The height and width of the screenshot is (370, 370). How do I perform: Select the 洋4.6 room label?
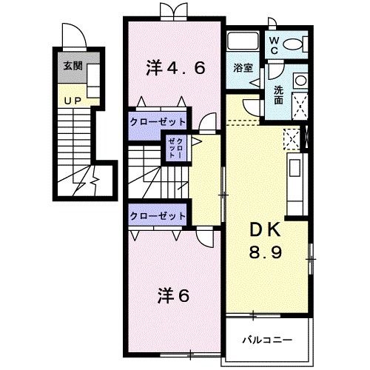click(175, 68)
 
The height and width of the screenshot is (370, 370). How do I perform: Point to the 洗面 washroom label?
click(279, 95)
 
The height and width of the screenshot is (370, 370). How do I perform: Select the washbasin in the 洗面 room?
click(300, 81)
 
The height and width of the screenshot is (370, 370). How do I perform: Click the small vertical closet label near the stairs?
click(175, 149)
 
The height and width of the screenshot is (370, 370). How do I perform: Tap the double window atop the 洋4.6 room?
click(174, 11)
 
